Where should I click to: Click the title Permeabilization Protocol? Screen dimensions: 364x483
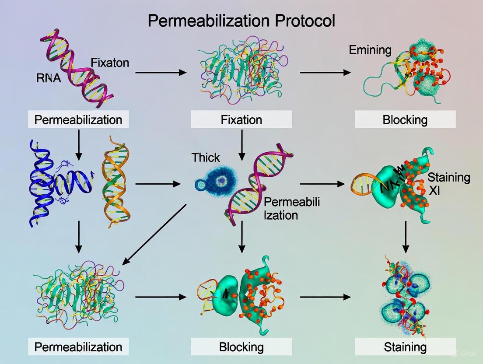(x=241, y=21)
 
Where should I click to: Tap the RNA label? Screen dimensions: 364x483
(x=49, y=79)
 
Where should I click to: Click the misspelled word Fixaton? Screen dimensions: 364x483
(x=110, y=63)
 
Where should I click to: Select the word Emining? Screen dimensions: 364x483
(x=370, y=50)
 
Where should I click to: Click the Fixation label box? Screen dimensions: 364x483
(x=241, y=119)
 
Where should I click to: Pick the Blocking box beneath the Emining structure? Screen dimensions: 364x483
(x=405, y=119)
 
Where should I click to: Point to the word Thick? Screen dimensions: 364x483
(x=205, y=157)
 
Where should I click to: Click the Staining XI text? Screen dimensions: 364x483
(x=448, y=183)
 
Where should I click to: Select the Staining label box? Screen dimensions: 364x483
(x=405, y=347)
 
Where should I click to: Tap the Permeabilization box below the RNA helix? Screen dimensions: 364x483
(x=78, y=119)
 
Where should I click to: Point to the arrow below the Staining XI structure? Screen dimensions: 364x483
(x=406, y=236)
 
